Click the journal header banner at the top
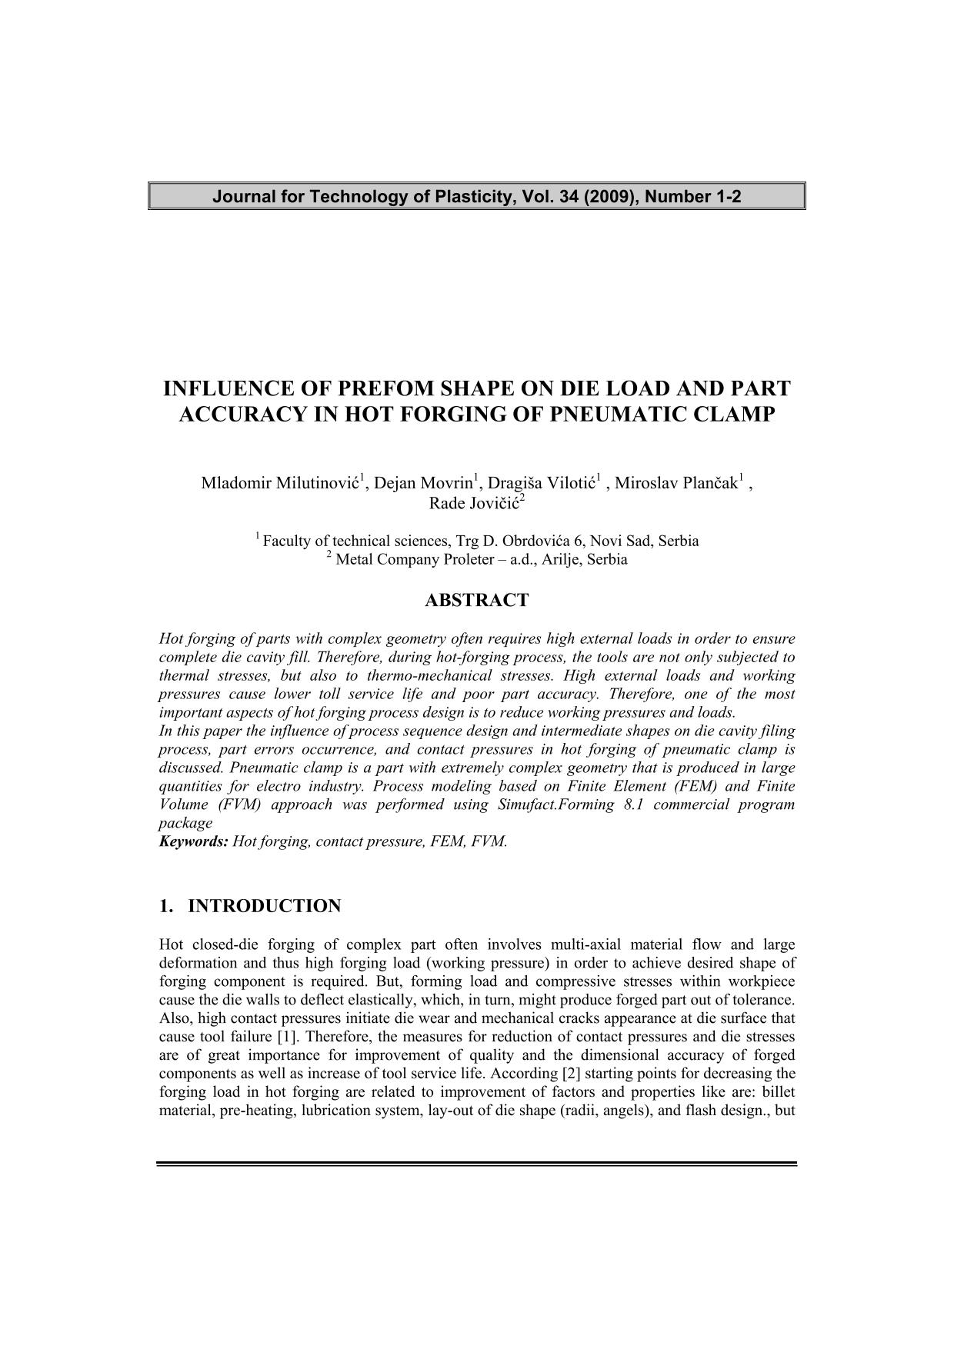(476, 196)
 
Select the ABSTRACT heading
(476, 600)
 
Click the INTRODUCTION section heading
(264, 906)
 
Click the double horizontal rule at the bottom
(476, 1164)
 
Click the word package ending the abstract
(185, 823)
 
